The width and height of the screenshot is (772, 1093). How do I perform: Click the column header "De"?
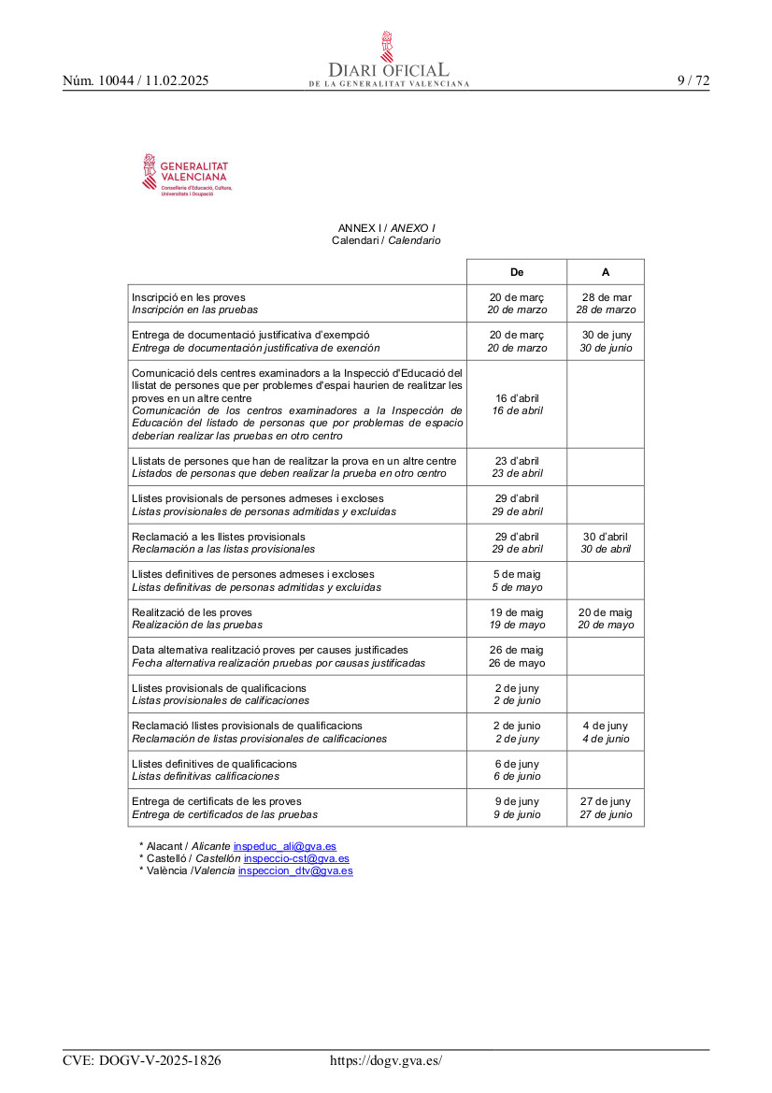[x=517, y=272]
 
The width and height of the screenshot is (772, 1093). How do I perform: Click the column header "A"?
[x=606, y=272]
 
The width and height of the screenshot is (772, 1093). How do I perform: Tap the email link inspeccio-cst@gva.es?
[x=296, y=858]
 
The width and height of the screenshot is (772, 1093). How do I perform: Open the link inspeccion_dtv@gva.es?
[x=295, y=870]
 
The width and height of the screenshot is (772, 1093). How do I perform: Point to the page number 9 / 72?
[x=693, y=80]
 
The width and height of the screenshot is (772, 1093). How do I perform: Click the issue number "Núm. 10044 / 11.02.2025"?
[x=136, y=81]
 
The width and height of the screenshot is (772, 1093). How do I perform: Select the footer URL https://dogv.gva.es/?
[x=386, y=1060]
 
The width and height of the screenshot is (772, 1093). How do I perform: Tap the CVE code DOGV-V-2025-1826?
[x=142, y=1060]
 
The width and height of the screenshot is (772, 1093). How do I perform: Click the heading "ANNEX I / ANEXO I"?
[x=386, y=228]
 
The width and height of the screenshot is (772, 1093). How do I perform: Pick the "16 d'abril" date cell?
[x=517, y=404]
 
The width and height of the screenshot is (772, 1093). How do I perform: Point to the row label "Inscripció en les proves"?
[x=189, y=297]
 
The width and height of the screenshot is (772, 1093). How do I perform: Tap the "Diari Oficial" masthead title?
[x=388, y=70]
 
